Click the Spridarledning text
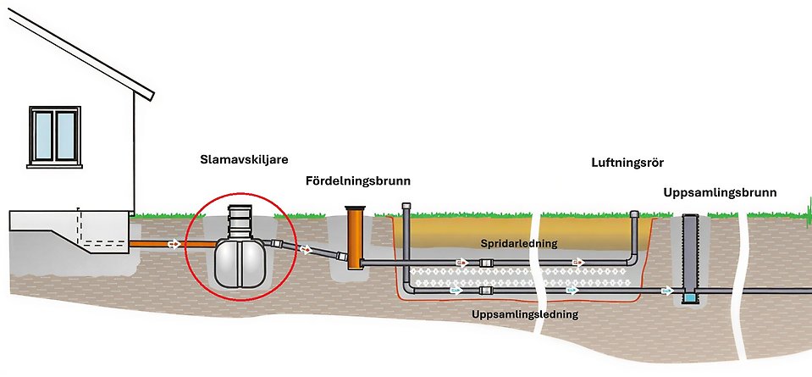pyautogui.click(x=519, y=243)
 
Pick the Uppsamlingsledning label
pyautogui.click(x=525, y=313)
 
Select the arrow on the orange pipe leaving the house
pyautogui.click(x=174, y=245)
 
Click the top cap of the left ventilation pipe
pyautogui.click(x=408, y=207)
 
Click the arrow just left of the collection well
pyautogui.click(x=668, y=291)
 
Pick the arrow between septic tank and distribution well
pyautogui.click(x=305, y=250)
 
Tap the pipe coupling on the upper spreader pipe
pyautogui.click(x=487, y=263)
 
